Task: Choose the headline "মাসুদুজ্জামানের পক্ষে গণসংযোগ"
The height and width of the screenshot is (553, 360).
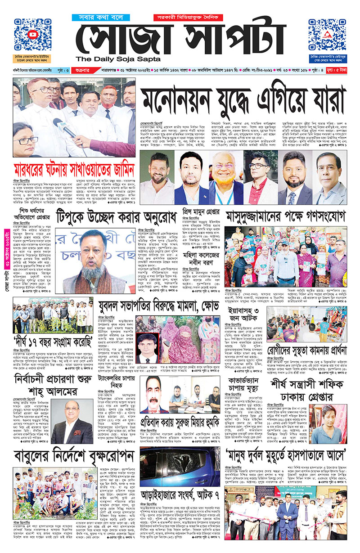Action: click(286, 216)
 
